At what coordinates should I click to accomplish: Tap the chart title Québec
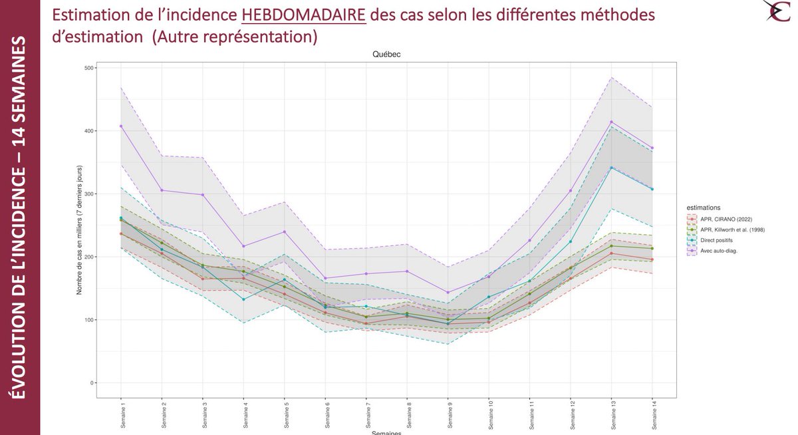(x=386, y=55)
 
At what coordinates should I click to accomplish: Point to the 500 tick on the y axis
(x=88, y=68)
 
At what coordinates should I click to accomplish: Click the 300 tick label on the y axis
(x=88, y=194)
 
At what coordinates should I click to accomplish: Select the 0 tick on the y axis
(x=91, y=383)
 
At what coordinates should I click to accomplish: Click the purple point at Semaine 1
(x=121, y=126)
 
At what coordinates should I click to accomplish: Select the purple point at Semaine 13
(x=611, y=122)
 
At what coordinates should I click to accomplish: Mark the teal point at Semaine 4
(x=243, y=299)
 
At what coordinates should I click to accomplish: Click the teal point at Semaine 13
(x=611, y=168)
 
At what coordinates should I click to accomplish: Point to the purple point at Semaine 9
(x=448, y=293)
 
